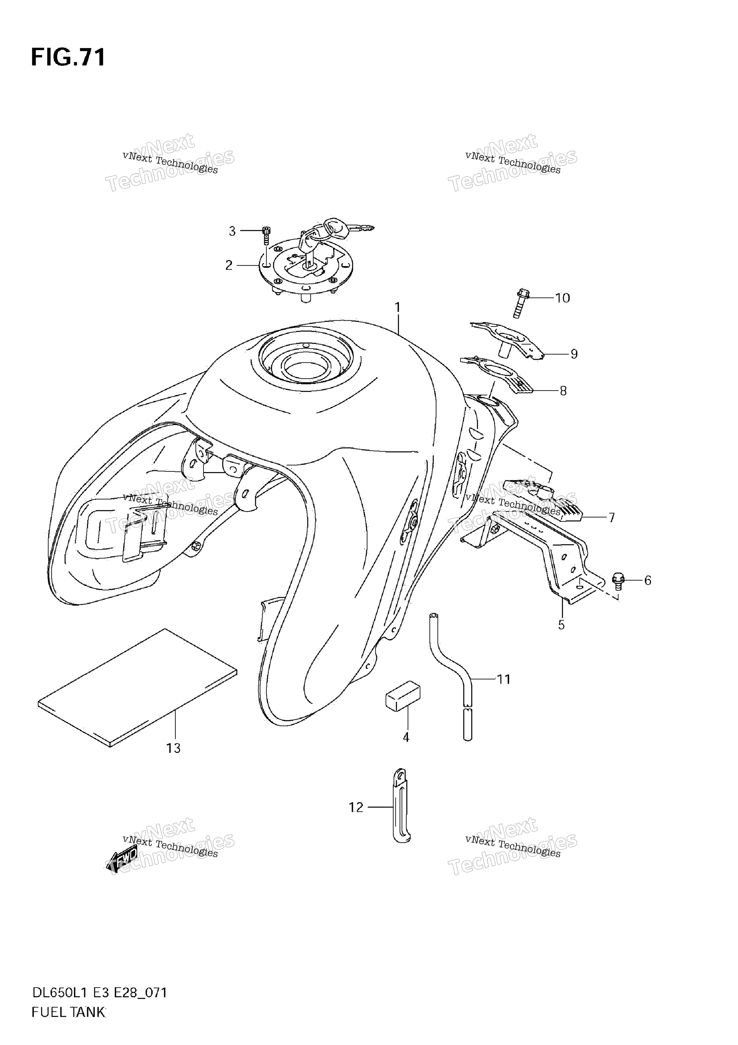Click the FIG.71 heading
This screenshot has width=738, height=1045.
point(68,58)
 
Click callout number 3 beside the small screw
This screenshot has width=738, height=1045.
point(232,231)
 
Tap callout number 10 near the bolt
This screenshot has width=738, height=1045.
point(563,298)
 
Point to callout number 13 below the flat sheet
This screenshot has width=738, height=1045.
point(173,748)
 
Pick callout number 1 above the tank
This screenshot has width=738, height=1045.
point(397,308)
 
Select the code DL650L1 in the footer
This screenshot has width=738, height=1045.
point(60,1002)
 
